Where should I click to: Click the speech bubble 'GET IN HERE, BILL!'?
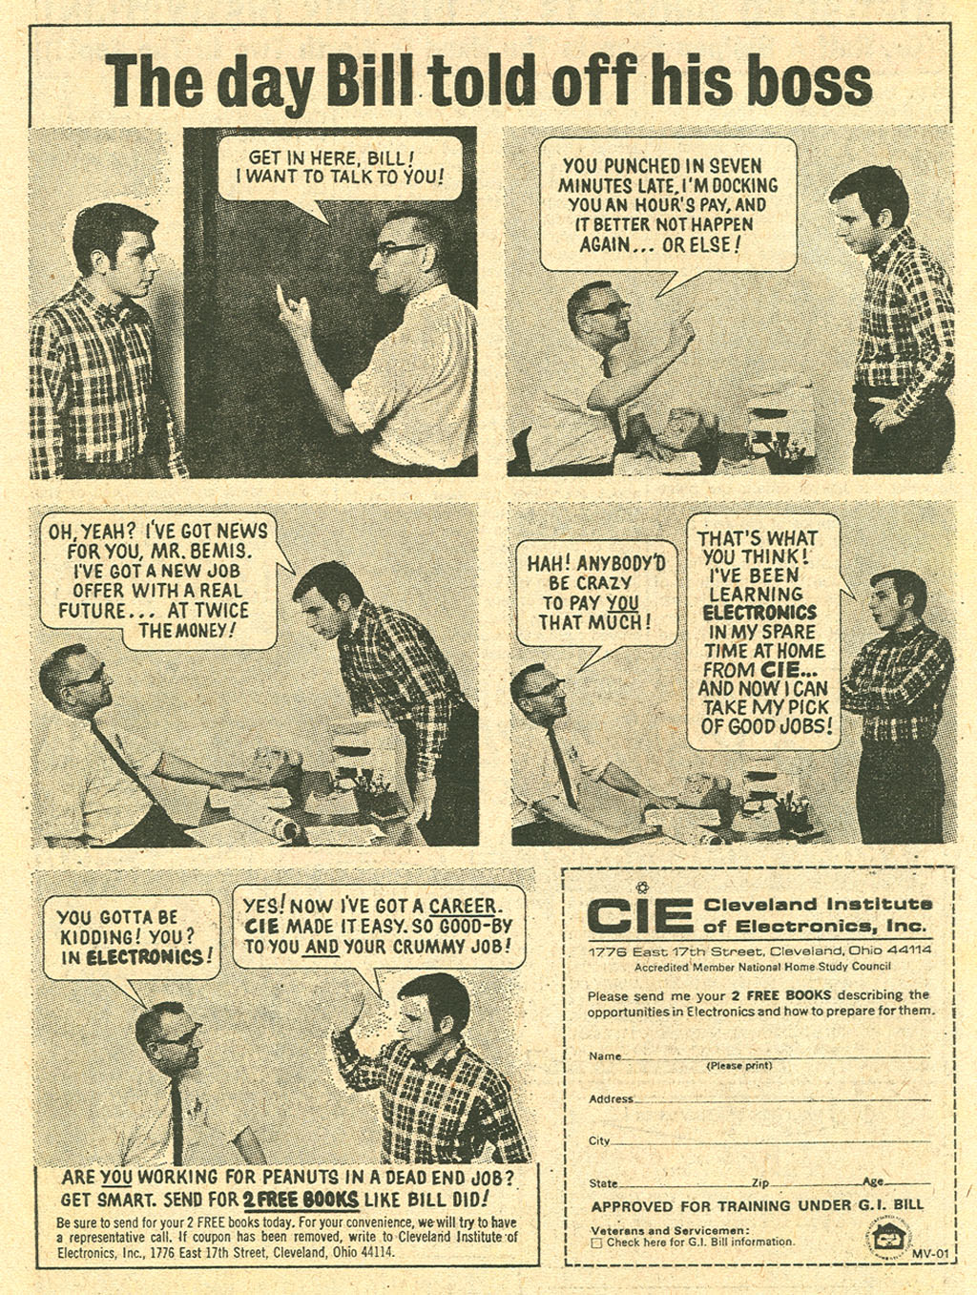coord(339,168)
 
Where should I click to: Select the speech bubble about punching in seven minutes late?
coord(667,204)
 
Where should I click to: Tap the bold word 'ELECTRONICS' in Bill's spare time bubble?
coord(759,613)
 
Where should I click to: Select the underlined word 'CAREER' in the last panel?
coord(463,906)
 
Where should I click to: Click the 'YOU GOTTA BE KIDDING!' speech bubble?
coord(133,936)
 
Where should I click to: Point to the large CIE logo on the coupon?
coord(638,915)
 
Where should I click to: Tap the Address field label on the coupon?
coord(611,1098)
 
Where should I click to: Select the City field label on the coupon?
coord(599,1140)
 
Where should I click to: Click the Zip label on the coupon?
coord(759,1182)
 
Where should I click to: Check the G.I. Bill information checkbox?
coord(596,1243)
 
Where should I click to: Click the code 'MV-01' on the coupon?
coord(928,1253)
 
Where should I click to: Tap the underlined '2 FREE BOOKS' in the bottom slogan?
coord(301,1200)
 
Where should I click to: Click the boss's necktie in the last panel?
coord(177,1117)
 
